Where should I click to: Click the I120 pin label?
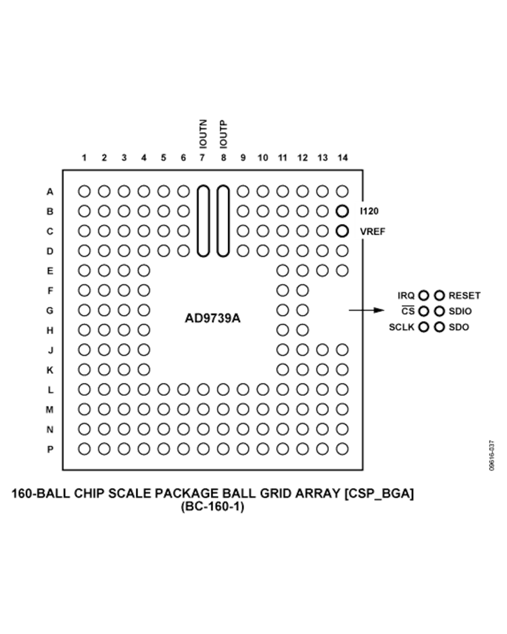370,211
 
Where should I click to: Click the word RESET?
465,295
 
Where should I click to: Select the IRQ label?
406,295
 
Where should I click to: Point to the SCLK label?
402,327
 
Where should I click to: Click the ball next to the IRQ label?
424,295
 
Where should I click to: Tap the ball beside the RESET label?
439,295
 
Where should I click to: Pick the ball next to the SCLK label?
424,327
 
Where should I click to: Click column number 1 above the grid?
84,158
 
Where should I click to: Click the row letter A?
50,191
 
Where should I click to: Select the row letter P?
50,449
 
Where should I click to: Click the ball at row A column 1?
84,191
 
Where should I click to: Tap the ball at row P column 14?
342,449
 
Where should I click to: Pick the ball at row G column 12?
303,310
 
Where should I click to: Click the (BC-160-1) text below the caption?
212,507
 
